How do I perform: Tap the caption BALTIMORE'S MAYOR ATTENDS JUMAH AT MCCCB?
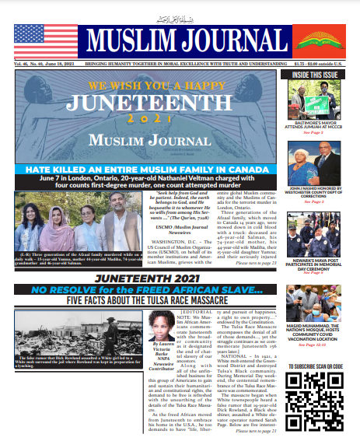pos(317,124)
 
